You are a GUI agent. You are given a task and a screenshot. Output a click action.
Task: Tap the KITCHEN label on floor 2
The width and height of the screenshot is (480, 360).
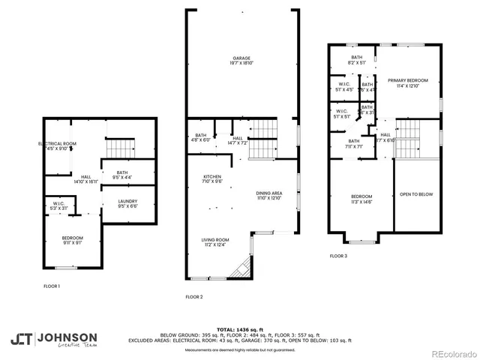(212, 178)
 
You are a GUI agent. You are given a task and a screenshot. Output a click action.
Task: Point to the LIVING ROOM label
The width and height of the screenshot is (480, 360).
(214, 242)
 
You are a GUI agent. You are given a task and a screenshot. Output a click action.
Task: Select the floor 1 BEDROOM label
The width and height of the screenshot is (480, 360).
(73, 239)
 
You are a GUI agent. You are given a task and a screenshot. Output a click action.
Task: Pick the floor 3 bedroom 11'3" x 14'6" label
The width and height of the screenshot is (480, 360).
(361, 198)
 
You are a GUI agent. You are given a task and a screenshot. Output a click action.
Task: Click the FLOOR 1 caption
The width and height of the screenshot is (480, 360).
(52, 286)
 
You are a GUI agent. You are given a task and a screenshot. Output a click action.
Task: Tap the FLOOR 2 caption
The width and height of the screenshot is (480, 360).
(194, 297)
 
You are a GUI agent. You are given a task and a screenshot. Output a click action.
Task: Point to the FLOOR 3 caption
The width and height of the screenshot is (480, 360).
(338, 256)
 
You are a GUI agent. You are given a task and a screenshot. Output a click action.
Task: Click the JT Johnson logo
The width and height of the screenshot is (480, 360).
(52, 339)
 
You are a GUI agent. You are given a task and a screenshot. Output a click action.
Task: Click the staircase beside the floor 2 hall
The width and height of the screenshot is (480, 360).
(262, 143)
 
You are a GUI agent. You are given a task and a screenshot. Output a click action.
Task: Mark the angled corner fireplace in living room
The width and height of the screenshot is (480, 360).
(241, 268)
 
